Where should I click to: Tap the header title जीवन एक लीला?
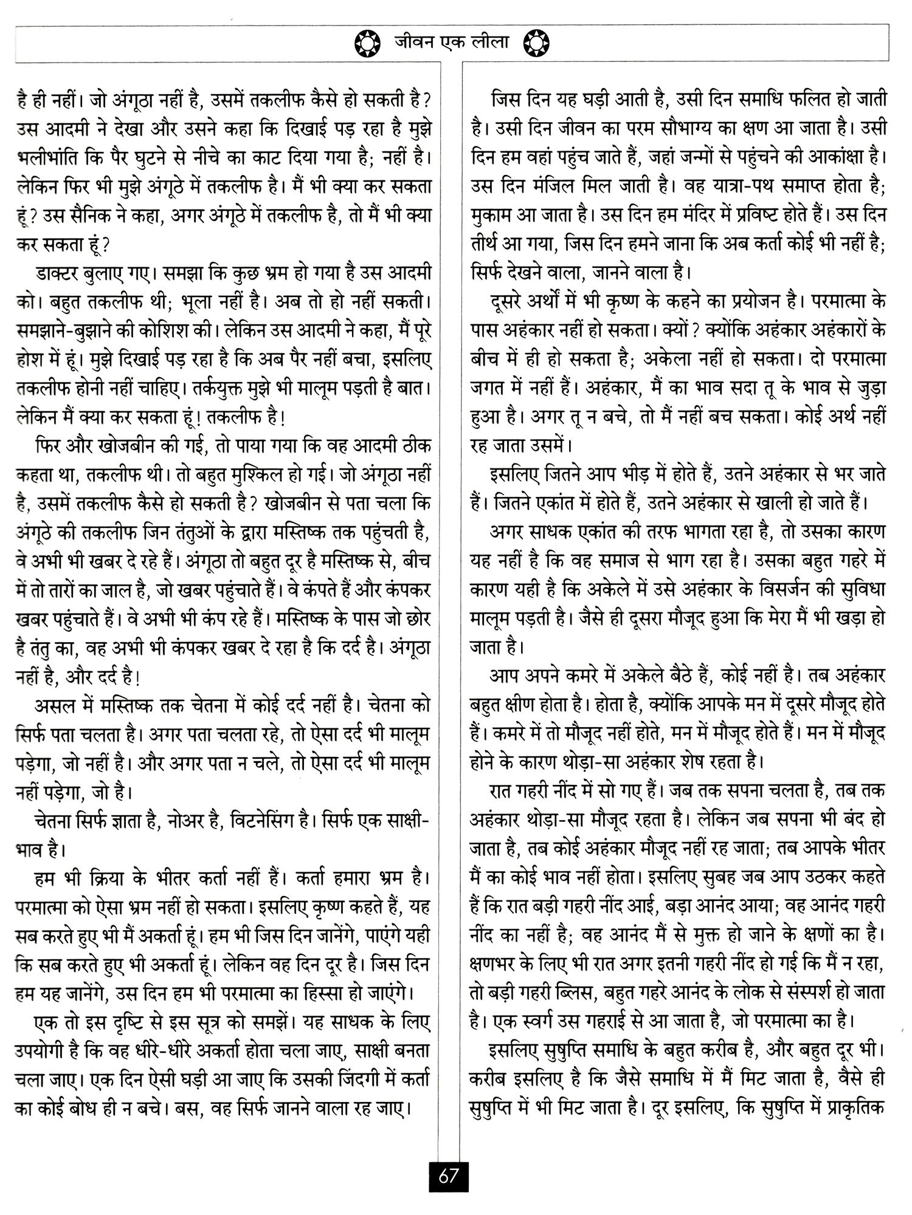pos(451,43)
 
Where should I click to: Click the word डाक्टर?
pos(58,272)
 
